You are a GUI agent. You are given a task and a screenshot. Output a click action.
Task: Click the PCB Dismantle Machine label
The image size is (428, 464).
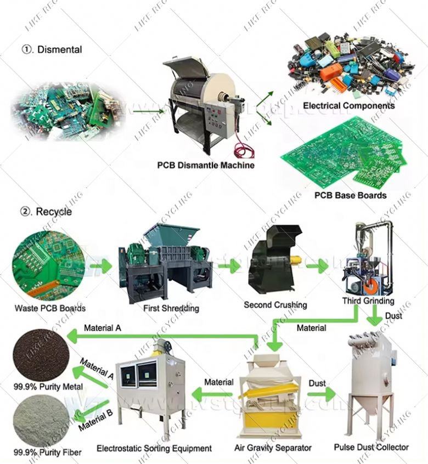pos(206,165)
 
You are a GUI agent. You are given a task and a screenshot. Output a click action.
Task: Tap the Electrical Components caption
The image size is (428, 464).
pos(348,106)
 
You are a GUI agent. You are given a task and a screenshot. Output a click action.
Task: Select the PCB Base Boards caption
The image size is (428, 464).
pos(350,195)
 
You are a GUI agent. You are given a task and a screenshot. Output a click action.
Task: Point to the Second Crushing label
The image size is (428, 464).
pos(275,304)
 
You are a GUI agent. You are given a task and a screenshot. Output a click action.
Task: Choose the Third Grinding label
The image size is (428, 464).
pos(368,301)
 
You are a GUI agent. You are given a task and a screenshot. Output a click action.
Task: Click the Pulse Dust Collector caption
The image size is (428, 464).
pos(371,447)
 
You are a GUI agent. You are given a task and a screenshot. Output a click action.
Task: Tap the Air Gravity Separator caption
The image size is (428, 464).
pos(273,448)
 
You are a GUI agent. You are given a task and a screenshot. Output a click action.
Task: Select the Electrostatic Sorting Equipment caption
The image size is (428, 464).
pos(154,448)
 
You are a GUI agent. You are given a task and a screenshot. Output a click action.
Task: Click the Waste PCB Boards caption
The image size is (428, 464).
pos(50,308)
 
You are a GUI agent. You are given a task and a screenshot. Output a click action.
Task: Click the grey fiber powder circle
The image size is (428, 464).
pos(40,421)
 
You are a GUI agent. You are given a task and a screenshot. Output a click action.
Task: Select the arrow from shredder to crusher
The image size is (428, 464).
pos(229,267)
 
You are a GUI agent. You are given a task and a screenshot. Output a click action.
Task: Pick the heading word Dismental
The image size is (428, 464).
pos(59,49)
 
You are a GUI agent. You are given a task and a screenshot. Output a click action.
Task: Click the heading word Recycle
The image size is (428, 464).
pos(53,212)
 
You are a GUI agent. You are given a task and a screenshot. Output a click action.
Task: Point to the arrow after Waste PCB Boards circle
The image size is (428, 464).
pos(100,267)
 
